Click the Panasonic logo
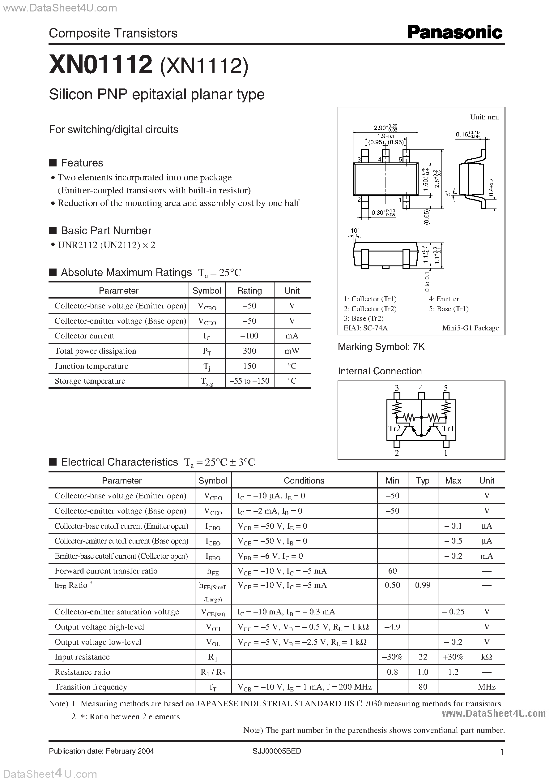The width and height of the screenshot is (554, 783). (454, 33)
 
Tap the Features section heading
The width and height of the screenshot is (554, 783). (82, 163)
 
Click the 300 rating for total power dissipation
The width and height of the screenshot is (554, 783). (249, 351)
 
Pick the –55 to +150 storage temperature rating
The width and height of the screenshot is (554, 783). (249, 381)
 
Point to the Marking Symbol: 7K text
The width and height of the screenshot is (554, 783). (381, 347)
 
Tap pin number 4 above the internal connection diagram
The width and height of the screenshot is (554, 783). (421, 388)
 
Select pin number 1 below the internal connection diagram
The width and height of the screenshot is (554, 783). (445, 453)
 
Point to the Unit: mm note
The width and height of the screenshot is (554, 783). (484, 117)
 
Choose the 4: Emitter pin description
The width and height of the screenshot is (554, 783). (444, 299)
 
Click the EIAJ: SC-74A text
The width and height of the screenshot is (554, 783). (366, 328)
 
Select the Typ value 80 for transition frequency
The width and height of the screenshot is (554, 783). (423, 687)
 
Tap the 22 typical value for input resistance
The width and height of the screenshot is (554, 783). (423, 657)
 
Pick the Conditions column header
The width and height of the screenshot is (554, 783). (304, 480)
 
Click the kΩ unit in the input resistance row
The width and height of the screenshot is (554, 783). (487, 657)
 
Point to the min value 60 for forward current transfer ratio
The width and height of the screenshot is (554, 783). (392, 571)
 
